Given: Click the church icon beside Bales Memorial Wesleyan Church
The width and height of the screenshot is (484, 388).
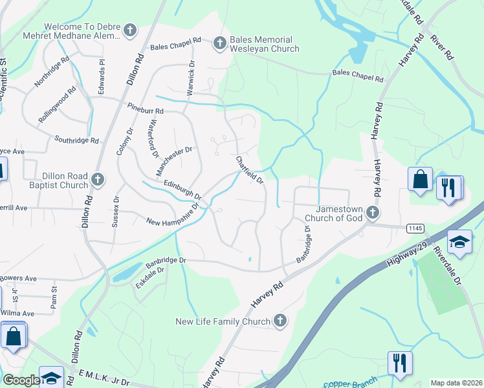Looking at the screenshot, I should (x=219, y=43).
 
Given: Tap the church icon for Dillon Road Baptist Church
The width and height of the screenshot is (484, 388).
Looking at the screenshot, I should (x=98, y=179).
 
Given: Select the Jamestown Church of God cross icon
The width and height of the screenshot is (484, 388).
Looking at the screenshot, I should (x=371, y=212).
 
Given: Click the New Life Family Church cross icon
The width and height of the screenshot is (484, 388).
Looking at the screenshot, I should (x=280, y=320).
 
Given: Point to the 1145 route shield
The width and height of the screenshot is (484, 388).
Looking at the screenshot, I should (x=415, y=228).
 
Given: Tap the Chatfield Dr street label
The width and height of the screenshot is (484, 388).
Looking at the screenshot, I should (x=250, y=170).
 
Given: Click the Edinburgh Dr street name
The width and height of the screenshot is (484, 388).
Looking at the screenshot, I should (x=183, y=189).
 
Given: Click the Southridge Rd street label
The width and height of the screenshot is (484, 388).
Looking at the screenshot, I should (x=76, y=139).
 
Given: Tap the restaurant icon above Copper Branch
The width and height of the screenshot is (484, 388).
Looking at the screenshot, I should (x=400, y=363).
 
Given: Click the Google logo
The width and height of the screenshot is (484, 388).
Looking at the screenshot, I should (x=21, y=380).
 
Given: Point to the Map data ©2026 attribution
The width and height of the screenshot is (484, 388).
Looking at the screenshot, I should (x=456, y=383).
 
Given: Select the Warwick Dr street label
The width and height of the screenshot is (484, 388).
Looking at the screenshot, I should (x=190, y=78).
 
